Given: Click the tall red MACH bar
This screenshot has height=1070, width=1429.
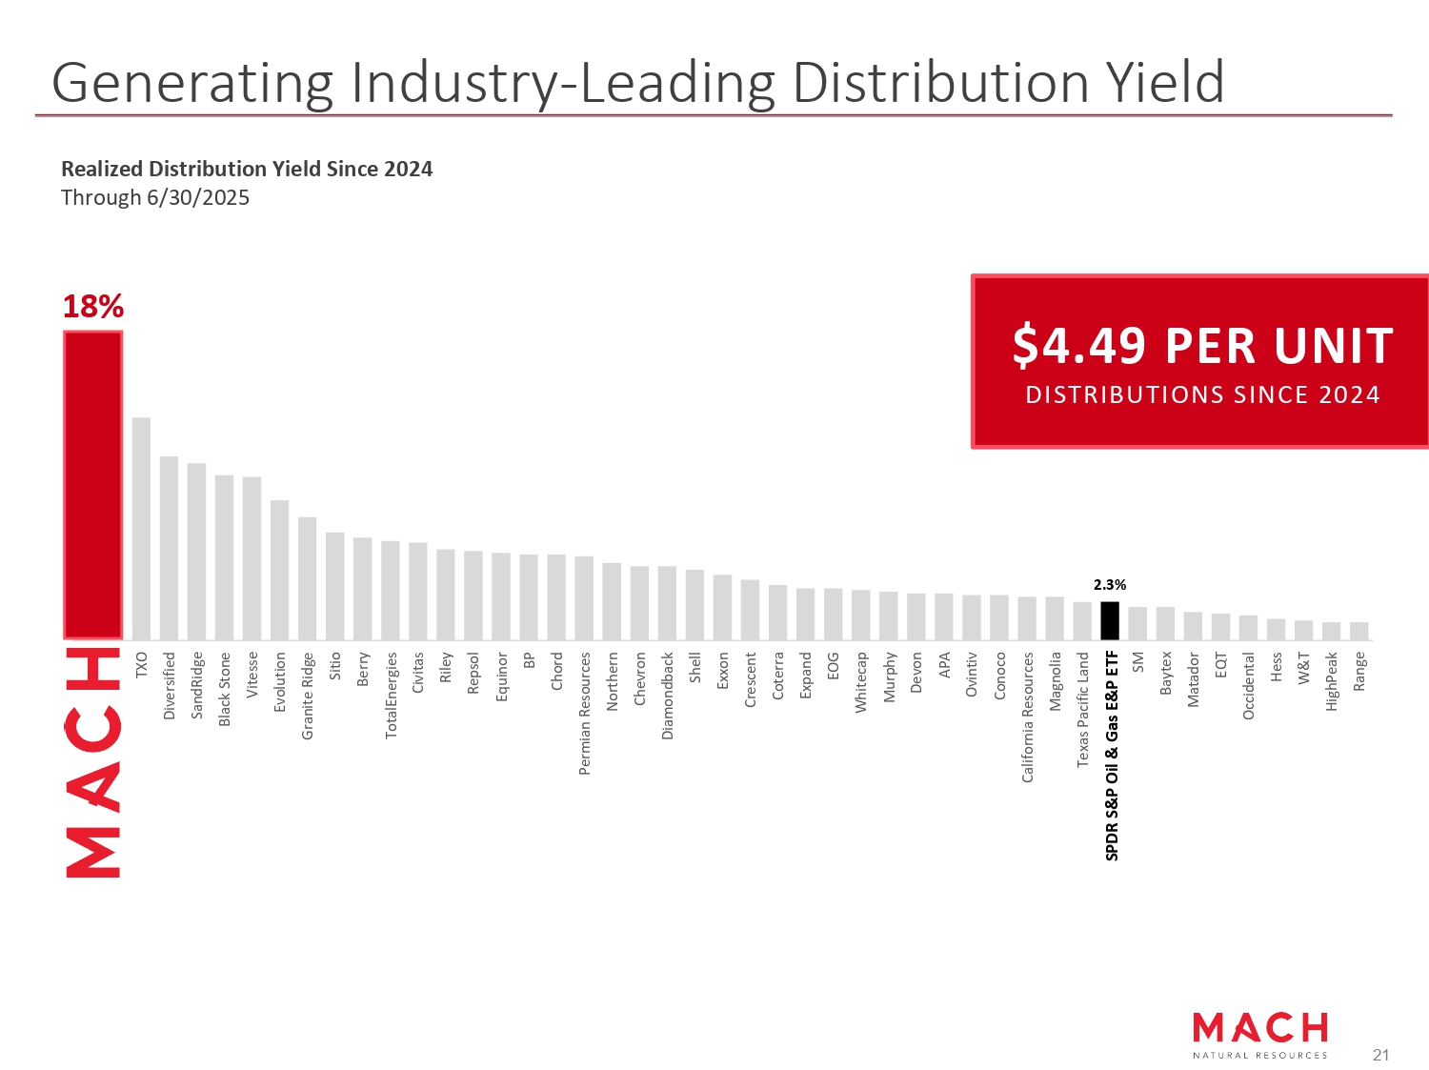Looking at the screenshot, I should (92, 485).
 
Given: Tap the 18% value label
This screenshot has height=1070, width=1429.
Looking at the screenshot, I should (92, 307).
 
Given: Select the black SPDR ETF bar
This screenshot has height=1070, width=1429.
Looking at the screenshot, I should (1109, 620).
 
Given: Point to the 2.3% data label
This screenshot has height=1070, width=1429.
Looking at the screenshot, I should (1109, 585).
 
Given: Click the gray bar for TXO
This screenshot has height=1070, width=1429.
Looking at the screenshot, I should (141, 529).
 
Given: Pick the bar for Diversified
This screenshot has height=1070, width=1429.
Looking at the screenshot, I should (169, 548).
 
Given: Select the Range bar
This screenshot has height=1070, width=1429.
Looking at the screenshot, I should (1359, 631).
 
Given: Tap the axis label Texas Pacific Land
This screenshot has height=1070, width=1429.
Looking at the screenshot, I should (1082, 709).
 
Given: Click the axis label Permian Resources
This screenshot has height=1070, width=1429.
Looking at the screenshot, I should (585, 713).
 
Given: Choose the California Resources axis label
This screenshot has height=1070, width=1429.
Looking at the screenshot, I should (1027, 717).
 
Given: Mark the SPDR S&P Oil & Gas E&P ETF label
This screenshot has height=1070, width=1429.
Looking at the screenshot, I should (1111, 756).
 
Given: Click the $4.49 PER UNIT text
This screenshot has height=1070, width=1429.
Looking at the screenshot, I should (1202, 345).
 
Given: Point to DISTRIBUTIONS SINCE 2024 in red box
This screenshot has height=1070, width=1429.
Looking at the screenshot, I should (1202, 395).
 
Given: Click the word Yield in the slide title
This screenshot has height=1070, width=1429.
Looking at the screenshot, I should (1164, 83).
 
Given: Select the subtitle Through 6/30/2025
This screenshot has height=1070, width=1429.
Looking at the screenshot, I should (155, 198).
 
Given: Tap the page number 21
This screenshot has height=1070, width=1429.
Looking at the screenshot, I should (1380, 1055).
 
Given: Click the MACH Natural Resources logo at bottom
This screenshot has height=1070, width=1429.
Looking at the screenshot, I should (1259, 1035).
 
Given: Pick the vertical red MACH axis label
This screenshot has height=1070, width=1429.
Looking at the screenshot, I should (92, 762).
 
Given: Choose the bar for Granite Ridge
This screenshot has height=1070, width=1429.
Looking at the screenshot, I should (307, 578).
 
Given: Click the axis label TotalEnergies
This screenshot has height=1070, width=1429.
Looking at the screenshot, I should (391, 695).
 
